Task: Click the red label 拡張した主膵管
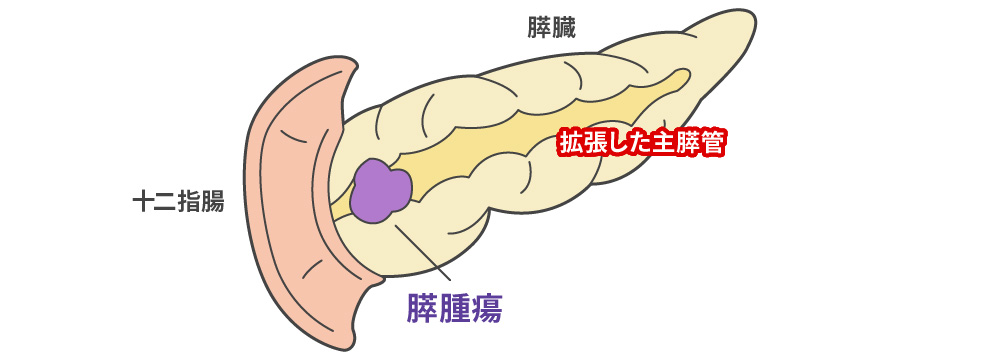click(x=640, y=144)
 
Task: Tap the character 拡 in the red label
click(x=569, y=144)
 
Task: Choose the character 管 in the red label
click(x=712, y=144)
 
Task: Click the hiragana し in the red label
click(x=617, y=144)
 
